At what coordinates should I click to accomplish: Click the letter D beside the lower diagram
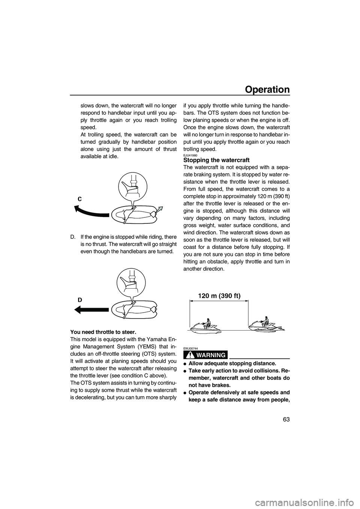pyautogui.click(x=80, y=300)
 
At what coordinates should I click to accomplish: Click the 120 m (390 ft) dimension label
pyautogui.click(x=219, y=296)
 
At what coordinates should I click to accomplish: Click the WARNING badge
pyautogui.click(x=205, y=355)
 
